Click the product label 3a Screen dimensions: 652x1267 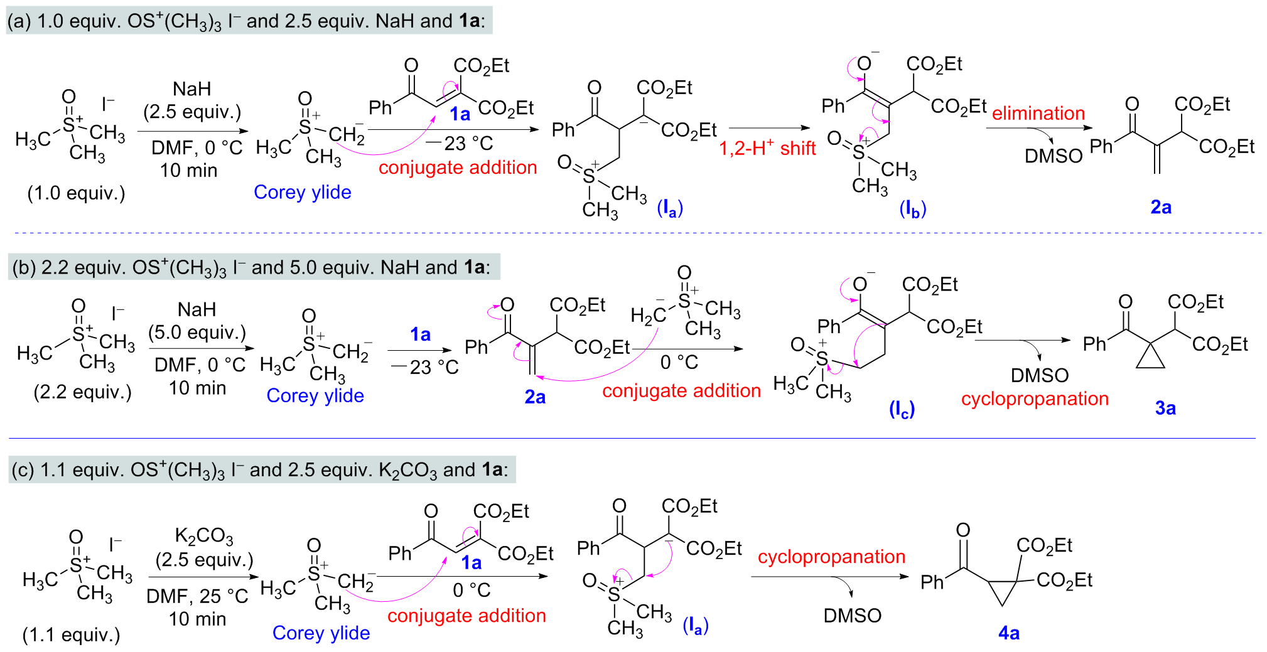pyautogui.click(x=1165, y=408)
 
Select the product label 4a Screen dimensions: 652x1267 pyautogui.click(x=1008, y=633)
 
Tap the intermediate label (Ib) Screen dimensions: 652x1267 pyautogui.click(x=913, y=209)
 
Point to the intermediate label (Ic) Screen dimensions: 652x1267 pyautogui.click(x=902, y=410)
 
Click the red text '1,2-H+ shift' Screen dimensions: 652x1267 pyautogui.click(x=767, y=148)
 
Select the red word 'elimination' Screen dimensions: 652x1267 pyautogui.click(x=1038, y=113)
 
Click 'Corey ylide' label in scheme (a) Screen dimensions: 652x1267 pyautogui.click(x=302, y=192)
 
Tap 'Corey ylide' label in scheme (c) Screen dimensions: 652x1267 pyautogui.click(x=321, y=633)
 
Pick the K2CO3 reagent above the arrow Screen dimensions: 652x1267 pyautogui.click(x=204, y=536)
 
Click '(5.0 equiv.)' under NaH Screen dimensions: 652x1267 pyautogui.click(x=197, y=332)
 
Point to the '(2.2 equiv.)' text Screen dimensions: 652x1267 pyautogui.click(x=82, y=392)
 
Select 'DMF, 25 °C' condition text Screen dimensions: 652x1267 pyautogui.click(x=197, y=596)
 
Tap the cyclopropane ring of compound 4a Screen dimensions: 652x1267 pyautogui.click(x=1003, y=589)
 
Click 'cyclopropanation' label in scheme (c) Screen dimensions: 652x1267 pyautogui.click(x=831, y=556)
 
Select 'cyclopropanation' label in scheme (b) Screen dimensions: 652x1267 pyautogui.click(x=1035, y=398)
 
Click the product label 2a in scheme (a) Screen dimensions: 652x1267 pyautogui.click(x=1161, y=207)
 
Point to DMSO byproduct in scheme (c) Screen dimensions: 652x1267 pyautogui.click(x=852, y=616)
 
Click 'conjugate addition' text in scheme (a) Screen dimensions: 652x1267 pyautogui.click(x=458, y=168)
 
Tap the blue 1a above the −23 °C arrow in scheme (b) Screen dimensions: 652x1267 pyautogui.click(x=420, y=334)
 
